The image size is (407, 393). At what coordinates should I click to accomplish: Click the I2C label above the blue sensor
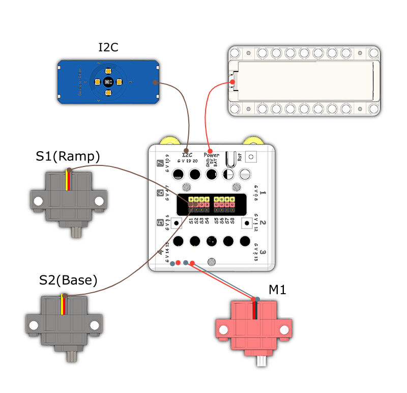[x=108, y=48]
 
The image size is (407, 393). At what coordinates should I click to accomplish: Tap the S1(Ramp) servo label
[x=68, y=156]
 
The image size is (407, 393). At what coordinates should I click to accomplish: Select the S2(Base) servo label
[x=68, y=280]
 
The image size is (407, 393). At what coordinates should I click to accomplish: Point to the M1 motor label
[x=277, y=290]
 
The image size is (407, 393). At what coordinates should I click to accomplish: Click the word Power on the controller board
[x=212, y=155]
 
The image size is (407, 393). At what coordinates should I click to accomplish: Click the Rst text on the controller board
[x=240, y=157]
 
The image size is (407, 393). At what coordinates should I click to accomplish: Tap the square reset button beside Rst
[x=251, y=156]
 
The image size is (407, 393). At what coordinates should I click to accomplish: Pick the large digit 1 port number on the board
[x=263, y=193]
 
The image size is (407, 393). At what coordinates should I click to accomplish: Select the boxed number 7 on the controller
[x=161, y=164]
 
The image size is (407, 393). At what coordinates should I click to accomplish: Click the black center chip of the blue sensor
[x=108, y=81]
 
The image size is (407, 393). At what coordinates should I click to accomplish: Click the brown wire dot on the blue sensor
[x=155, y=82]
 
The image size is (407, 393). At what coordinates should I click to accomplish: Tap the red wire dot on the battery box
[x=232, y=82]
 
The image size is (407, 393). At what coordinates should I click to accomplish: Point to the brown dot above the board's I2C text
[x=187, y=150]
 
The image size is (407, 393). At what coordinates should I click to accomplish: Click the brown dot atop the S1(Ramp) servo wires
[x=68, y=169]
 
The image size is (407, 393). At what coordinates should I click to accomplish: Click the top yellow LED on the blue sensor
[x=108, y=71]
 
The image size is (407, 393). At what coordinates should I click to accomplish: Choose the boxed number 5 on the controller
[x=161, y=222]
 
